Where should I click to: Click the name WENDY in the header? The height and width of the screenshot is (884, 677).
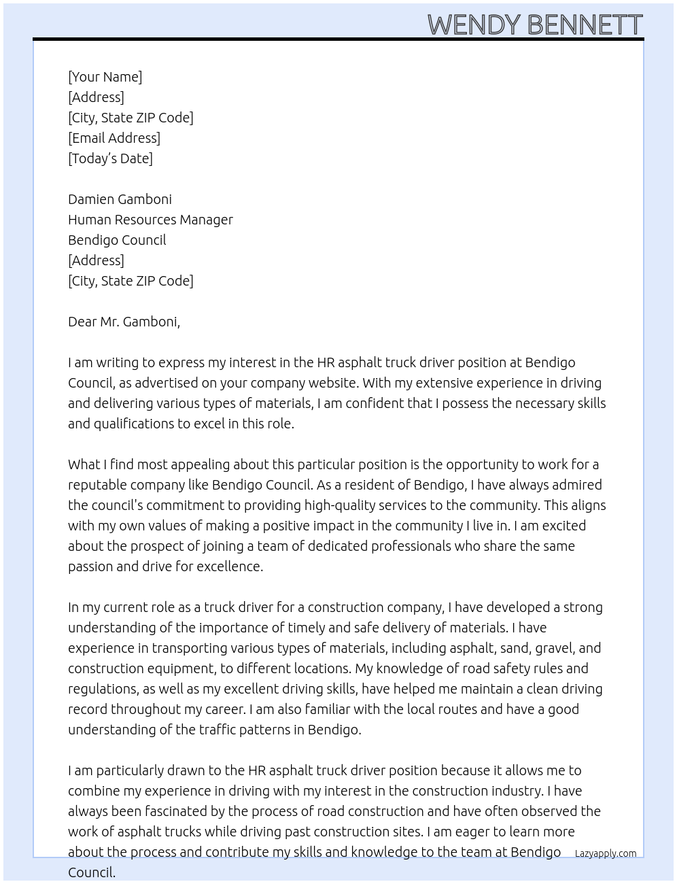tap(474, 25)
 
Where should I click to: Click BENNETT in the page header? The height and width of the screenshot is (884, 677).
tap(584, 25)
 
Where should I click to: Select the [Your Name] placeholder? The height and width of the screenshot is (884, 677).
tap(105, 77)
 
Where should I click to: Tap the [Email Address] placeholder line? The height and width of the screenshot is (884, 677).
tap(114, 138)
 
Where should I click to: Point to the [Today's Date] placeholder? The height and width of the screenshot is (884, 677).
tap(110, 158)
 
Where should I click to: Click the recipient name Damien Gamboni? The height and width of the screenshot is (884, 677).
tap(120, 199)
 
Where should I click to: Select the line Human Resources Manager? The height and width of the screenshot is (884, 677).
tap(150, 220)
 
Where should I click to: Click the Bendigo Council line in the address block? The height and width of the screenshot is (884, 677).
tap(117, 240)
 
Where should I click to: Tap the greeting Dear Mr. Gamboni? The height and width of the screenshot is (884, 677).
tap(124, 322)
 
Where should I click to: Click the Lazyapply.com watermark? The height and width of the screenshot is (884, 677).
tap(606, 853)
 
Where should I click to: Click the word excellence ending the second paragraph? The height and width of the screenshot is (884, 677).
tap(230, 566)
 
